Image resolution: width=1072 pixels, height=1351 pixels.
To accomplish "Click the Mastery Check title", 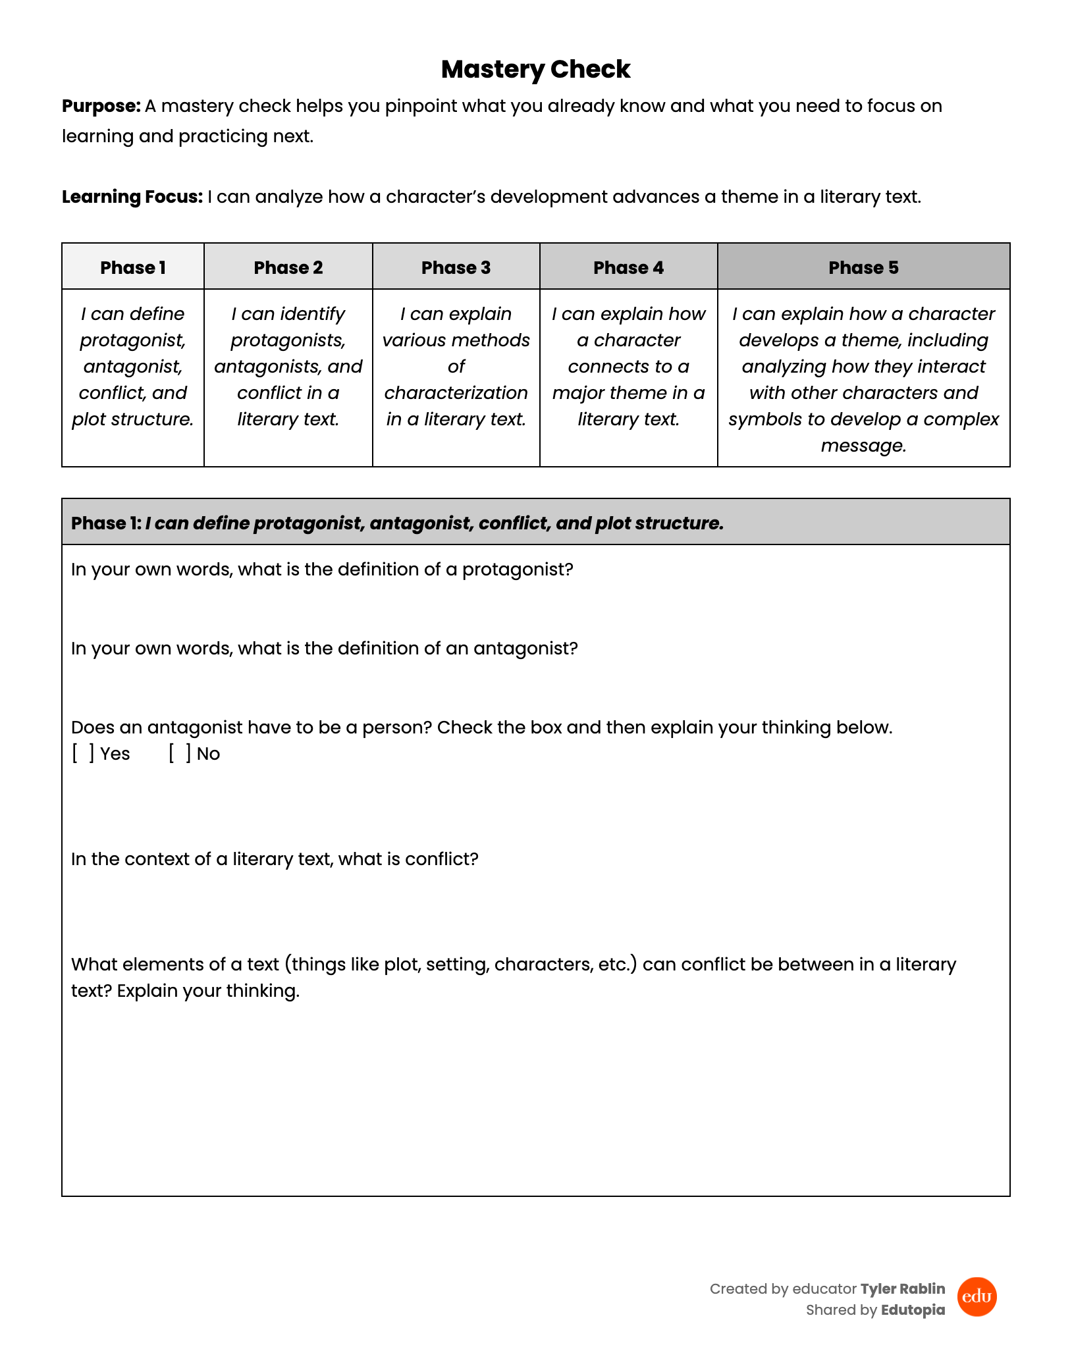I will click(x=535, y=69).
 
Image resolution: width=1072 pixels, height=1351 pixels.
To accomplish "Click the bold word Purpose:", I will click(x=101, y=106).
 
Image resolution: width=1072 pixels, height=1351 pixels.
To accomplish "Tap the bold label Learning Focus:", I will click(x=132, y=197).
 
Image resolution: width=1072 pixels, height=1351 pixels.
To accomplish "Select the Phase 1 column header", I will click(x=132, y=267).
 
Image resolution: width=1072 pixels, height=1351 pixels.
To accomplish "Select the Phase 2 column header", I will click(x=288, y=267).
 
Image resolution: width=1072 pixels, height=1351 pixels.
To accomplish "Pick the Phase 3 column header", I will click(x=456, y=267).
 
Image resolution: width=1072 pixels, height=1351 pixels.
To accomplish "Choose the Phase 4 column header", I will click(x=628, y=267).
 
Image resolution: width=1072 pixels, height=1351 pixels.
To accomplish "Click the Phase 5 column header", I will click(x=863, y=267).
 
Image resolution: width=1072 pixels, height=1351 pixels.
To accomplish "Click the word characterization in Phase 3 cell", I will click(x=456, y=393).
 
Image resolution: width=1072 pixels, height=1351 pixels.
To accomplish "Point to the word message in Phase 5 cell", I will click(x=863, y=446).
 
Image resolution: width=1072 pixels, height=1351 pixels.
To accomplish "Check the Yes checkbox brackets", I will click(x=83, y=754).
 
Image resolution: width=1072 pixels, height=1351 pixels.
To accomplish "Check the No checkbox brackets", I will click(x=180, y=754).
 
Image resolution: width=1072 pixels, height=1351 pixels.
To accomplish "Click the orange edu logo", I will click(x=977, y=1297).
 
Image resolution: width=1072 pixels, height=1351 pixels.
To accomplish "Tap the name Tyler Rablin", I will click(x=902, y=1289).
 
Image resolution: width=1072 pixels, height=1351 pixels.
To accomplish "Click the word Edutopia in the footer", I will click(x=913, y=1310).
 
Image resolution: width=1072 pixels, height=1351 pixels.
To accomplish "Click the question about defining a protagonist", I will click(x=322, y=570).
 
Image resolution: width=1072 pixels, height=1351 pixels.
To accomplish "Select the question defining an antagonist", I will click(x=324, y=649).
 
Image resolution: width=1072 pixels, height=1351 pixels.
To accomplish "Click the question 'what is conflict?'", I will click(x=275, y=859).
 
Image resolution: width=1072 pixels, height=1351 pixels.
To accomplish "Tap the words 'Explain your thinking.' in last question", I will click(x=208, y=991).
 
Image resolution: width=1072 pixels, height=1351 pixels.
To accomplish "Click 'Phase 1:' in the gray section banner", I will click(x=106, y=523).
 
